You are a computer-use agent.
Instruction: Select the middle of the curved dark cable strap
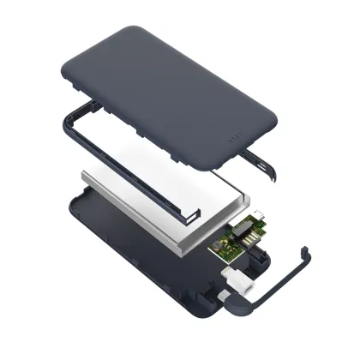point(283,287)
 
